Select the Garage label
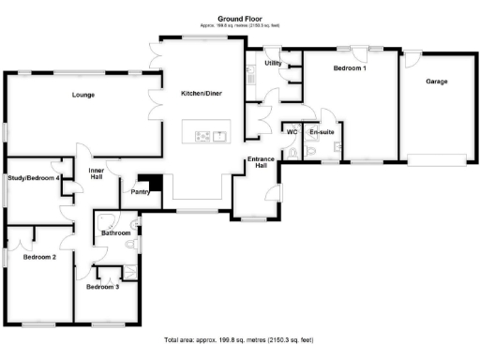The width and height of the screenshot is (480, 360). pos(436,82)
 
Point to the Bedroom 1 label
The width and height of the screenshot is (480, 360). pos(350,68)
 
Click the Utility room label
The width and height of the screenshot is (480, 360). pos(273,63)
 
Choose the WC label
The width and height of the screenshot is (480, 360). pos(292,131)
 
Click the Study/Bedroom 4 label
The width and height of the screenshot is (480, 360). pos(34,177)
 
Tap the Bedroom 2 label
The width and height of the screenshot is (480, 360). pos(40,256)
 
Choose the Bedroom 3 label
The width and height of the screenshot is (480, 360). pos(102,287)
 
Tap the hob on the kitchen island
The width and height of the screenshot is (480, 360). pos(202,137)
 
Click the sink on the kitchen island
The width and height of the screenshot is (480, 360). pos(221,137)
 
